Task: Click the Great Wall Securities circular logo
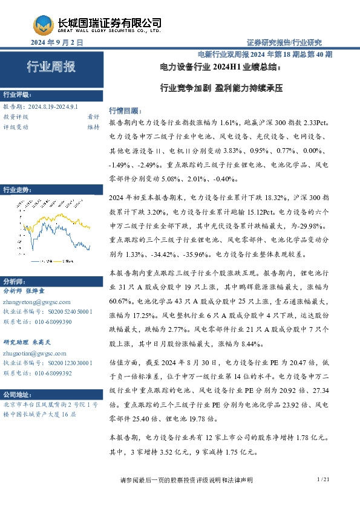[44, 25]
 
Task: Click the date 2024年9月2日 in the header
[56, 43]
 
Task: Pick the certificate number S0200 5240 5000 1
[69, 311]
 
